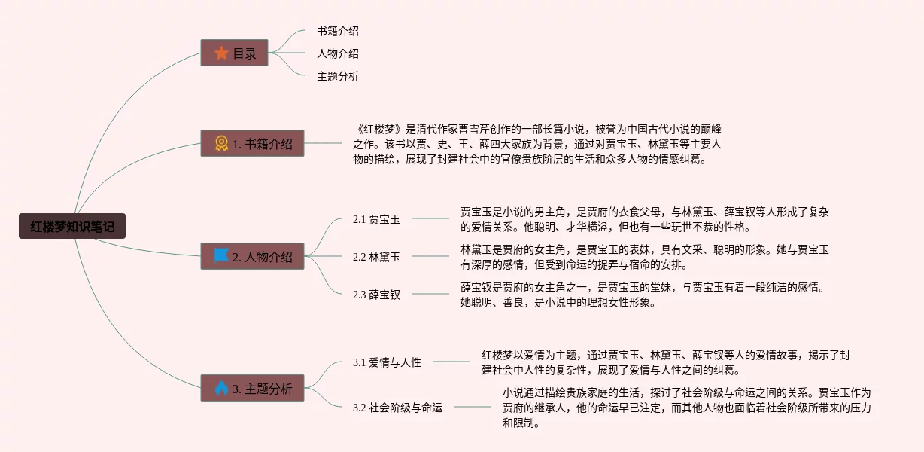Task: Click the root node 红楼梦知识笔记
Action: pyautogui.click(x=72, y=226)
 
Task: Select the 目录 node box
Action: pyautogui.click(x=234, y=53)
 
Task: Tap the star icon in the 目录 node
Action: pyautogui.click(x=221, y=53)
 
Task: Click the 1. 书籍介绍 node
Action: pyautogui.click(x=252, y=143)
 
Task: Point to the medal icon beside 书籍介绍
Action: pyautogui.click(x=221, y=143)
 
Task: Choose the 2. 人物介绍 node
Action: pyautogui.click(x=252, y=256)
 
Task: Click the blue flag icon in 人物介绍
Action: pyautogui.click(x=221, y=256)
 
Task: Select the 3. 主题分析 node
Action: pyautogui.click(x=252, y=388)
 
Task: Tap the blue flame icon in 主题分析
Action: pyautogui.click(x=221, y=388)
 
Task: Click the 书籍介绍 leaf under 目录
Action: pyautogui.click(x=338, y=31)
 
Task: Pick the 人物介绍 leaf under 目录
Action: pyautogui.click(x=338, y=53)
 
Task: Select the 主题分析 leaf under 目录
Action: pyautogui.click(x=338, y=76)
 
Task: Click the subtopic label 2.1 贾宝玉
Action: pyautogui.click(x=376, y=219)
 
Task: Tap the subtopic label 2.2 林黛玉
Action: pyautogui.click(x=376, y=257)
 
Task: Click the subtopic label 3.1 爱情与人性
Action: pyautogui.click(x=387, y=362)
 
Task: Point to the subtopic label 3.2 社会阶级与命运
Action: pyautogui.click(x=397, y=408)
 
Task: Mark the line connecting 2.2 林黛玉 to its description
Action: pyautogui.click(x=430, y=256)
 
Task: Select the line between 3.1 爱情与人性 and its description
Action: pyautogui.click(x=451, y=362)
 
